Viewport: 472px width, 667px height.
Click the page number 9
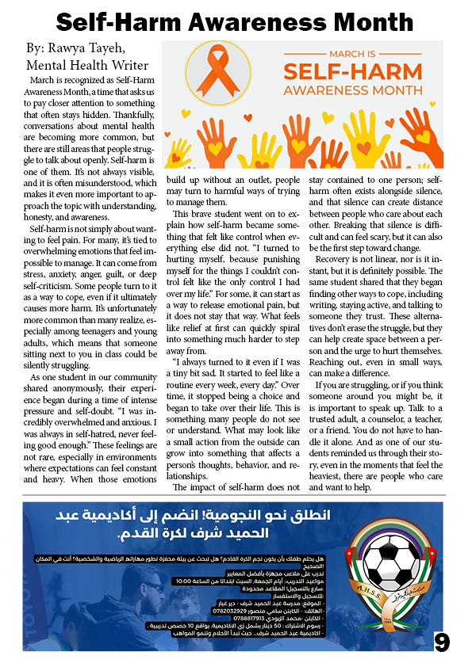tap(442, 641)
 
